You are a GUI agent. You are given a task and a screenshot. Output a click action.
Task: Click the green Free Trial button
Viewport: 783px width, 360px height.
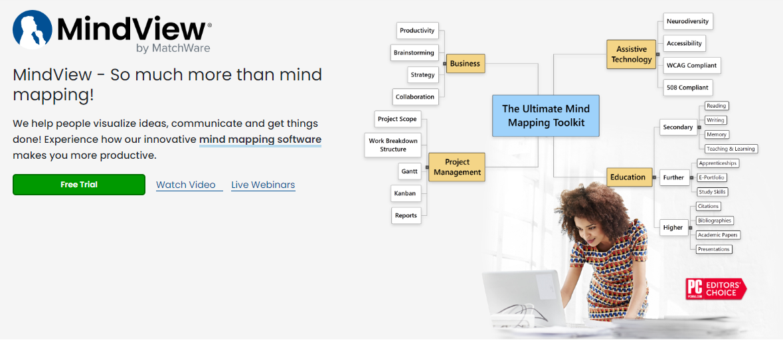[x=79, y=184]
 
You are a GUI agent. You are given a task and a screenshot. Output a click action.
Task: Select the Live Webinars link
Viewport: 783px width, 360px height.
[x=263, y=185]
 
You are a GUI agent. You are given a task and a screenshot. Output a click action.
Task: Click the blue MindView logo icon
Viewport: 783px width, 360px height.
[x=33, y=30]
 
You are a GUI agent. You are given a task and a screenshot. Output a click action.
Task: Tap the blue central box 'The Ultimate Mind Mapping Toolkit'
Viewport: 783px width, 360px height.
[x=546, y=116]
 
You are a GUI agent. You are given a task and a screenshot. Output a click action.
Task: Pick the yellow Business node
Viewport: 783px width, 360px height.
[x=465, y=63]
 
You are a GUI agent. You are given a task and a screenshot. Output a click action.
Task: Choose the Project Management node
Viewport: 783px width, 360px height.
[x=457, y=167]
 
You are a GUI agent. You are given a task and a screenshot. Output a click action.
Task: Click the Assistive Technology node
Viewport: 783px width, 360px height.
[x=631, y=54]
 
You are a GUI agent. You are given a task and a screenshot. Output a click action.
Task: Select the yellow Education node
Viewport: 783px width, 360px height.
[x=628, y=177]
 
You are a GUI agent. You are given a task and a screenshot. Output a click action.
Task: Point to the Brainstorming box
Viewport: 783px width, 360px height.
[x=414, y=52]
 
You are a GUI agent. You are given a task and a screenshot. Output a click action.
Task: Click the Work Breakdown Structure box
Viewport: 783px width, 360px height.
[x=393, y=145]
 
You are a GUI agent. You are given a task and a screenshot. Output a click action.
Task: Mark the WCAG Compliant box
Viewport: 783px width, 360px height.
[x=691, y=65]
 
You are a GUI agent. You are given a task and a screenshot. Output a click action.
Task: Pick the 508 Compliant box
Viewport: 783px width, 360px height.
[x=687, y=88]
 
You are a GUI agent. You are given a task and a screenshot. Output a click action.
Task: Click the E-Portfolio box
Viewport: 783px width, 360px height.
[x=712, y=177]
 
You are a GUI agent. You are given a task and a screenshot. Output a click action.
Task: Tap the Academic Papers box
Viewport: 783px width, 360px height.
[x=717, y=234]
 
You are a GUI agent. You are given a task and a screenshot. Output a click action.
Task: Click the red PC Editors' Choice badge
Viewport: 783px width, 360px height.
[x=716, y=289]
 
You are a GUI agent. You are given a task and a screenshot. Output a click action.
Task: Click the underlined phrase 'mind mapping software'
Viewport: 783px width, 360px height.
[x=260, y=139]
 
